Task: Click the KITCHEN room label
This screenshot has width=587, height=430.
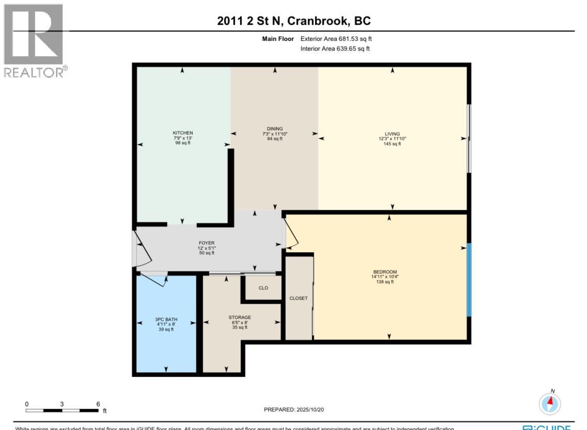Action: [182, 133]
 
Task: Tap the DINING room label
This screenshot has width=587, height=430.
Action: [275, 129]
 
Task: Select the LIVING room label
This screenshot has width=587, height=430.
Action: [392, 134]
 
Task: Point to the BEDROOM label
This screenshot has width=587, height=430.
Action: [385, 272]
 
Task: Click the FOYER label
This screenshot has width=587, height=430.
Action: [206, 243]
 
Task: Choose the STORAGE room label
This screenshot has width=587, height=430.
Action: [239, 317]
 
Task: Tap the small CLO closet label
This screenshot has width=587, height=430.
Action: [263, 288]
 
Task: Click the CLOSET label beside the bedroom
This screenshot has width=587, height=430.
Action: [298, 298]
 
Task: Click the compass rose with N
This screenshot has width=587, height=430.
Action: [550, 403]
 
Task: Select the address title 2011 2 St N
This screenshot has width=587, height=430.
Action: [293, 21]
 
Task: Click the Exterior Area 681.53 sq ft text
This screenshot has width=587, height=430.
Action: [335, 39]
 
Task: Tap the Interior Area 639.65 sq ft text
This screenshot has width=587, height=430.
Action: [335, 49]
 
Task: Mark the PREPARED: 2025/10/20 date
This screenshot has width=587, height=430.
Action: [293, 409]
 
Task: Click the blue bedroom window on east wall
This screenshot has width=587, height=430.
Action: [469, 280]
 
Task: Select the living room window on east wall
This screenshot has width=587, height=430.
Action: [469, 139]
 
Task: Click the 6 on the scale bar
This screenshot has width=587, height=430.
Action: [98, 404]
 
